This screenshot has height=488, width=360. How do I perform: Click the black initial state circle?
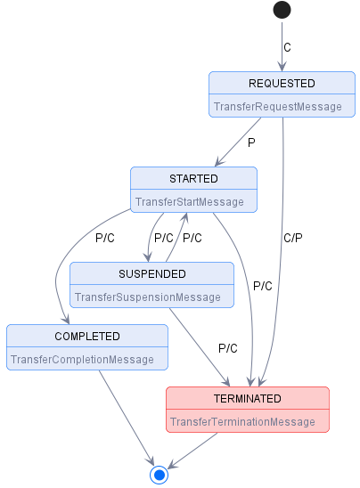282,10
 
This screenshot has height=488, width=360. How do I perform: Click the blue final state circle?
160,475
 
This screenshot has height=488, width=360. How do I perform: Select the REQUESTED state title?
282,84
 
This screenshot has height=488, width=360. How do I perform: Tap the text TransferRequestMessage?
277,107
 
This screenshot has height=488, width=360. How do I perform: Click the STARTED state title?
193,179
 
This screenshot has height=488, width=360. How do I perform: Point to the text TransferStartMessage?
189,202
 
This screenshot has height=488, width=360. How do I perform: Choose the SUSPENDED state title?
152,273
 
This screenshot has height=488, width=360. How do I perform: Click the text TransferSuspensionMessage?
147,297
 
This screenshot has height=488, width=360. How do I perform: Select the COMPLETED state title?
86,337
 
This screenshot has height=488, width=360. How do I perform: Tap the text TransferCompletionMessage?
82,360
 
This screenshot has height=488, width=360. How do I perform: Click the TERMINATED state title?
248,398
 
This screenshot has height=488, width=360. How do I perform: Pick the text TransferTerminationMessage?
242,421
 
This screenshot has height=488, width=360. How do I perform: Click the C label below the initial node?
287,47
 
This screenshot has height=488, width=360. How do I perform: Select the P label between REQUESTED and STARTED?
251,142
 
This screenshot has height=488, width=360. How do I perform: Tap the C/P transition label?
293,238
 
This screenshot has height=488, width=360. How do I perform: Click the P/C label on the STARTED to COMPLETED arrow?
105,238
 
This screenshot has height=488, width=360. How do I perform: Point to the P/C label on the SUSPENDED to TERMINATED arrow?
228,347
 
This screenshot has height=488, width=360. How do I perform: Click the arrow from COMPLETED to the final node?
124,414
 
